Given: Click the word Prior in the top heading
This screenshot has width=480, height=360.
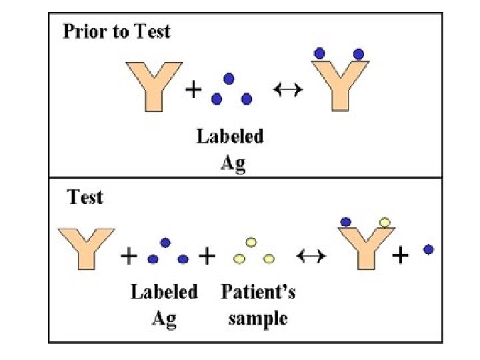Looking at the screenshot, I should click(82, 31).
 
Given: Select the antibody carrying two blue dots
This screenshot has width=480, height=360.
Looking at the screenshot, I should click(339, 83).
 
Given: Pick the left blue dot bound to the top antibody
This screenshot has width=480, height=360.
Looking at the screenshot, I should click(320, 52).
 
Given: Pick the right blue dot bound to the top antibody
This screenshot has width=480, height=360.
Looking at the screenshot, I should click(358, 53).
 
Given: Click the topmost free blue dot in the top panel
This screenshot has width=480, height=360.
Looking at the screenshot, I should click(229, 79).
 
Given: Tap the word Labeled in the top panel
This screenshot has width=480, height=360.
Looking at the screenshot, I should click(229, 137).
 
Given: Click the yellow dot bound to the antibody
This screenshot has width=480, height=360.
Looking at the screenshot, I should click(384, 222).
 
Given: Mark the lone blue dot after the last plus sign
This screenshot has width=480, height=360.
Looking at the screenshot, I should click(429, 249).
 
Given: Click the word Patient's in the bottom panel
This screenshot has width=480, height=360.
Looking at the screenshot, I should click(258, 291).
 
